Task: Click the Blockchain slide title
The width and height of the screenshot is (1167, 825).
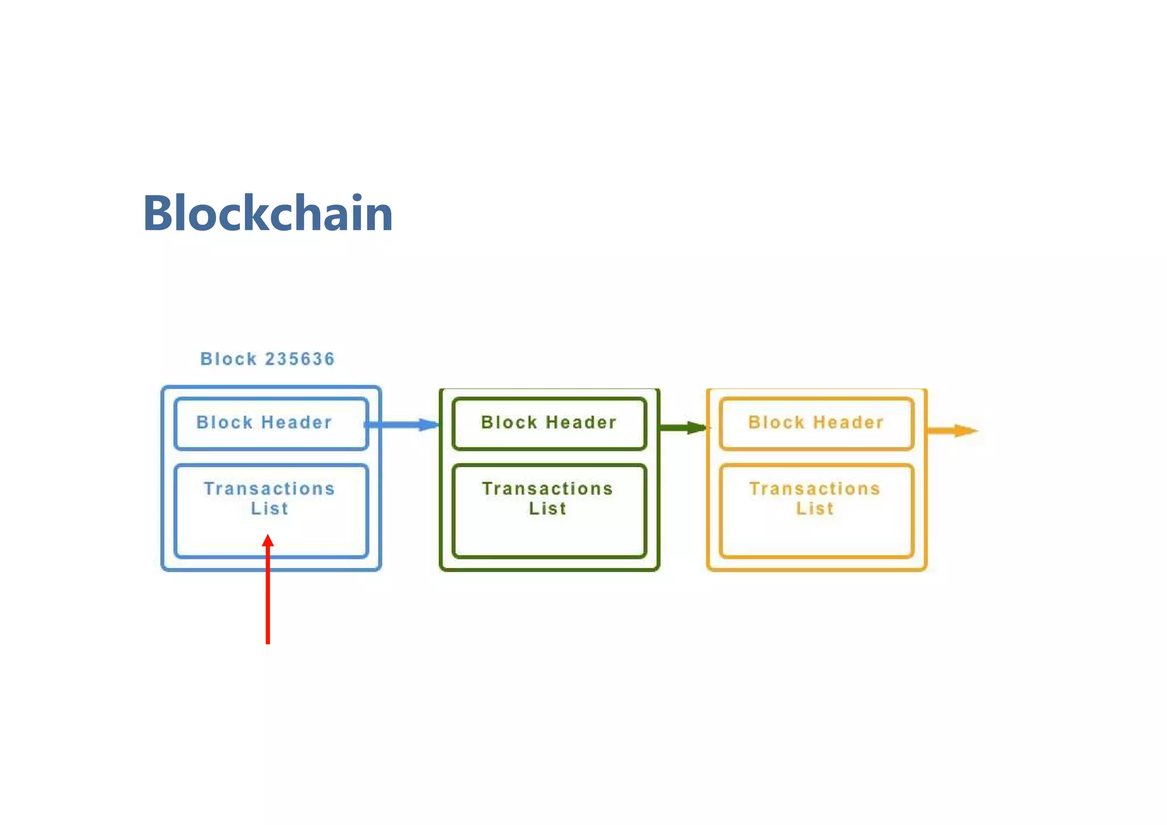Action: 268,213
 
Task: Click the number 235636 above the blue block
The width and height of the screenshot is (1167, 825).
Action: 300,359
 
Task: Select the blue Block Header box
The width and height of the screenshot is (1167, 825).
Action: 271,423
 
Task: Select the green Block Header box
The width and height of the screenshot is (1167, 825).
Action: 549,423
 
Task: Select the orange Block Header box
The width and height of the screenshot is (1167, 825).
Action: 816,423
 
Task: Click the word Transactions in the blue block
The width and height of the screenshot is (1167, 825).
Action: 269,489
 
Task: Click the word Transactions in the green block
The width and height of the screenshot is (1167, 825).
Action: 548,489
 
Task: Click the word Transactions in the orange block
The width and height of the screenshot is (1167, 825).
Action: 815,489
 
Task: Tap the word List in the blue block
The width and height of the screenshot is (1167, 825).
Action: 270,508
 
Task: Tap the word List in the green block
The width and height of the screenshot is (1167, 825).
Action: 548,508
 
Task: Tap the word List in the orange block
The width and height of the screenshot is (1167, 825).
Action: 815,508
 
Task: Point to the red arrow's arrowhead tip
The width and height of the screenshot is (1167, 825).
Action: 268,536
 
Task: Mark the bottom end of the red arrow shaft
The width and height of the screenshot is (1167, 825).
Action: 268,643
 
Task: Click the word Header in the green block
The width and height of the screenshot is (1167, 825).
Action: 581,422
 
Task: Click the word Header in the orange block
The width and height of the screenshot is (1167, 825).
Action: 848,422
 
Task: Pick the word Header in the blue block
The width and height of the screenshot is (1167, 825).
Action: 296,422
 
